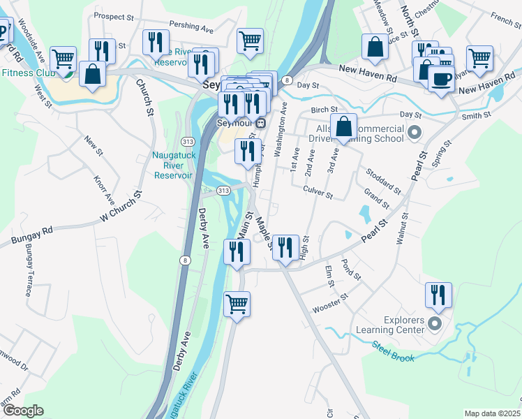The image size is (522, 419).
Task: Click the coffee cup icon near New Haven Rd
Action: pyautogui.click(x=441, y=79)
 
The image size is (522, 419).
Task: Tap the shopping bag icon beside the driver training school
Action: pyautogui.click(x=343, y=127)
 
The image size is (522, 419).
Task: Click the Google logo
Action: pyautogui.click(x=23, y=411)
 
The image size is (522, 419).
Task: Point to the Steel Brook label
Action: pyautogui.click(x=393, y=351)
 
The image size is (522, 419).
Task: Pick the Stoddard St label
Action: pyautogui.click(x=383, y=181)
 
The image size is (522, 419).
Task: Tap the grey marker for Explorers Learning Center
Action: pyautogui.click(x=435, y=323)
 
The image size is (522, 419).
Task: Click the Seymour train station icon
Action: pyautogui.click(x=260, y=124)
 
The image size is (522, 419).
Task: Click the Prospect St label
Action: pyautogui.click(x=113, y=16)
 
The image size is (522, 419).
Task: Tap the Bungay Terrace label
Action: pyautogui.click(x=29, y=270)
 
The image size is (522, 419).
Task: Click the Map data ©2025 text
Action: pyautogui.click(x=491, y=413)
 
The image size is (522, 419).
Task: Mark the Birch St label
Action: pyautogui.click(x=324, y=110)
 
